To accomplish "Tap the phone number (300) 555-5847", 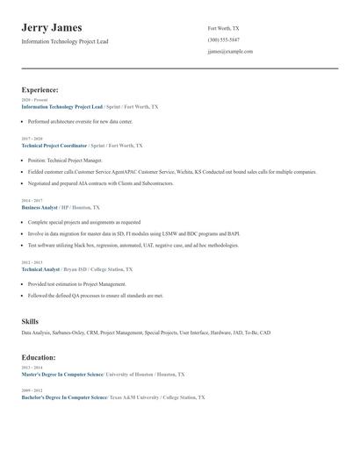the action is (224, 39).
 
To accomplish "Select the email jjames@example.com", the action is (230, 52).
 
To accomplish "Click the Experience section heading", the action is (40, 89).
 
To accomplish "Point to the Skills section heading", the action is (30, 321).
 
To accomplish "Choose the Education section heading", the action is (39, 357).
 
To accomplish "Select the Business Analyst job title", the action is (39, 208).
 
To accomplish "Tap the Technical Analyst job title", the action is (40, 269).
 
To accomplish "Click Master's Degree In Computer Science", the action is (61, 374).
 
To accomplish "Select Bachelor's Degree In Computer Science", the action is (63, 397).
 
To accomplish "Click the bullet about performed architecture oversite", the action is (80, 121).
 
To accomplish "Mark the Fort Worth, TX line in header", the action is (223, 28).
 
